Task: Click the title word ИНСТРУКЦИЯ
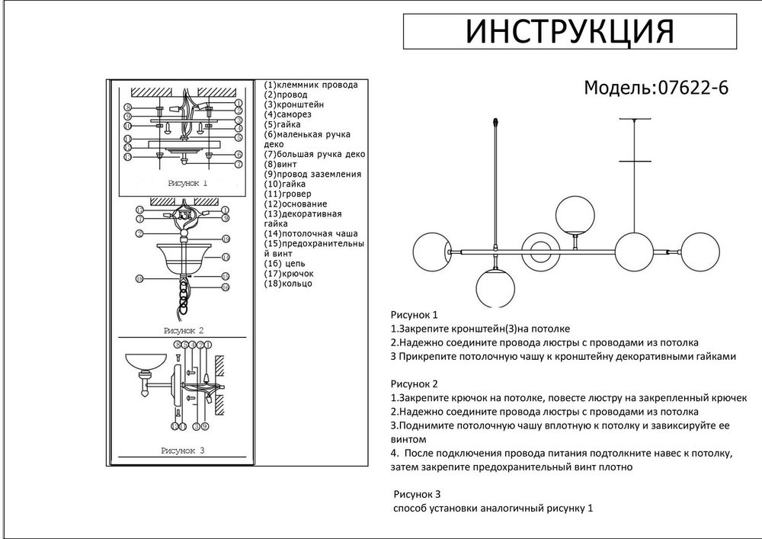click(570, 32)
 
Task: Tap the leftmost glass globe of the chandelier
click(432, 250)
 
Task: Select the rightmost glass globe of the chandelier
click(702, 250)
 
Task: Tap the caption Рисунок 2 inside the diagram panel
click(183, 331)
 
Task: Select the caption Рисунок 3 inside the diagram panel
click(183, 451)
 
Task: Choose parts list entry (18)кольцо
click(289, 284)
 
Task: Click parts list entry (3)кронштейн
click(294, 104)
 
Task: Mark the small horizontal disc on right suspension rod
click(636, 161)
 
